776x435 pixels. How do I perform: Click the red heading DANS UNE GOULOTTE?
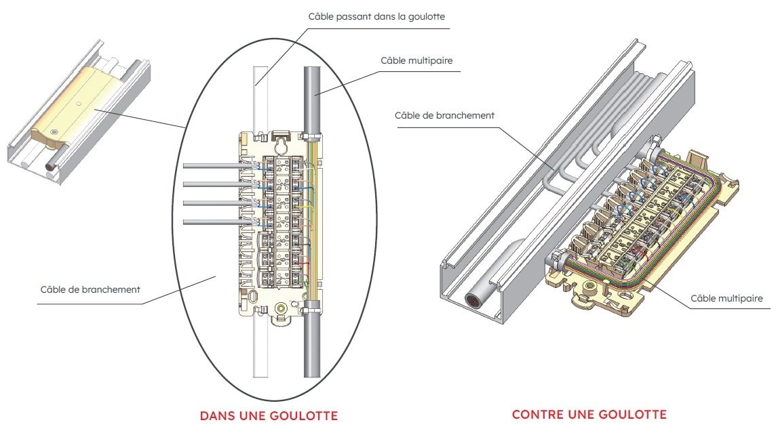269,415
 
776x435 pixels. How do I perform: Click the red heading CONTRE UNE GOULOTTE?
589,414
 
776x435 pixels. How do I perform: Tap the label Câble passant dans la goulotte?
376,16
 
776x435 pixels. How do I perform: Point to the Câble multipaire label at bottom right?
726,298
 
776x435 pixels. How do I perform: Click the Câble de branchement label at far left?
90,289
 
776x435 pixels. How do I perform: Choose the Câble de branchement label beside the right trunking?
444,115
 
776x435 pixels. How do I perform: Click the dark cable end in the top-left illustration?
52,165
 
